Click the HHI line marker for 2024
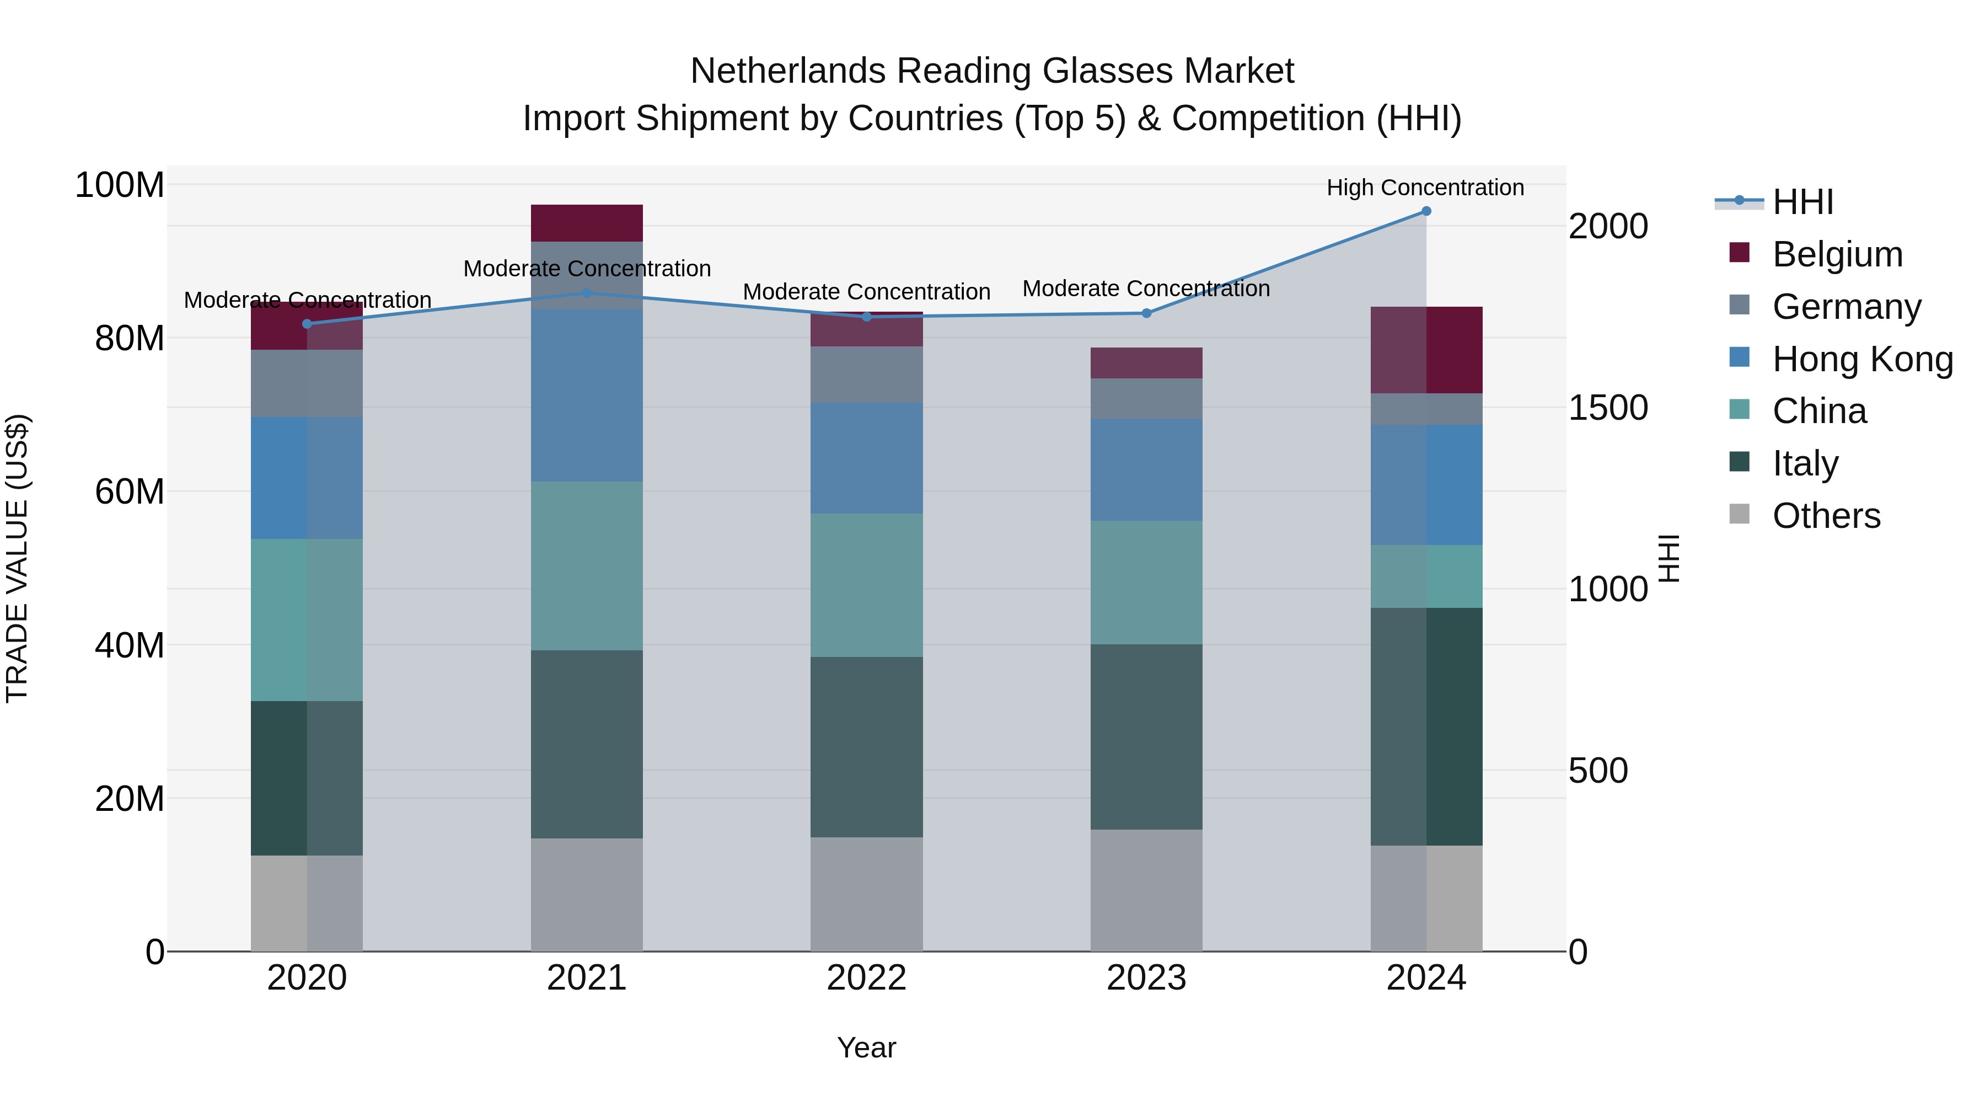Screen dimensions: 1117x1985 [x=1426, y=211]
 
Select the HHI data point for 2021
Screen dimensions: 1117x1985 [x=587, y=293]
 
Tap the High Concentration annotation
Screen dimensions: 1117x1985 [x=1425, y=188]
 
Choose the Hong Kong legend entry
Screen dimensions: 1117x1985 [x=1861, y=359]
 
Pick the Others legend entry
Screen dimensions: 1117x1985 [x=1826, y=516]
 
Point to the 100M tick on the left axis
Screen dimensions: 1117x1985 [x=120, y=185]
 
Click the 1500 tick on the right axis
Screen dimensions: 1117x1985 [x=1608, y=408]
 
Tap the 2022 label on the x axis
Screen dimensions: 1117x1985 [x=866, y=978]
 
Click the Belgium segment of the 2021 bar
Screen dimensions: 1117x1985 [x=587, y=223]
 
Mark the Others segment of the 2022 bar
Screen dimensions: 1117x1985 [x=866, y=894]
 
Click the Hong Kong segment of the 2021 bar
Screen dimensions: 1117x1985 [x=587, y=396]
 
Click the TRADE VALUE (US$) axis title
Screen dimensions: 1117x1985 [x=17, y=558]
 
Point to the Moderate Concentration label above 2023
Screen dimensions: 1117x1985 [x=1146, y=288]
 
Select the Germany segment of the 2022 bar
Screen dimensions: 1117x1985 [x=866, y=375]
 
